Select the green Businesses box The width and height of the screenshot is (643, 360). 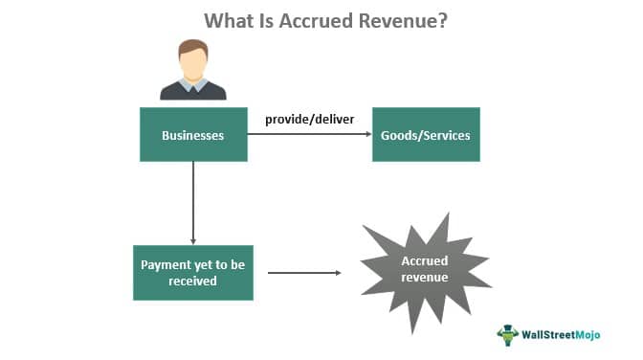[x=193, y=135]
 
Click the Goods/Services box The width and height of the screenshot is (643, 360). [x=426, y=135]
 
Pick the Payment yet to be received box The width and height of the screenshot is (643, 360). [x=193, y=273]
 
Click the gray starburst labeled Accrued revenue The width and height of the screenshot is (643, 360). [x=425, y=273]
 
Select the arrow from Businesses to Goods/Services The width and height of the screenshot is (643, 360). [x=309, y=135]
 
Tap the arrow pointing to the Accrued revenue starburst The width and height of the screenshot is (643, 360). [x=303, y=273]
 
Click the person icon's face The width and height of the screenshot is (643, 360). [x=193, y=65]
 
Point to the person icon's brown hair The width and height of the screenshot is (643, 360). [x=193, y=46]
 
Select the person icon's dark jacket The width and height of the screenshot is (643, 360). [x=193, y=92]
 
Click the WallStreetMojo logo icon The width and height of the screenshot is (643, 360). [x=507, y=334]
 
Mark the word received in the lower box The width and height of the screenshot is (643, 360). [x=192, y=281]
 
